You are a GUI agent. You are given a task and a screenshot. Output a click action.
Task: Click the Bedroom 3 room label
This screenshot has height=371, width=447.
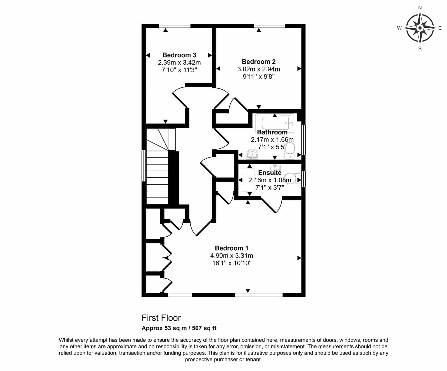pos(179,55)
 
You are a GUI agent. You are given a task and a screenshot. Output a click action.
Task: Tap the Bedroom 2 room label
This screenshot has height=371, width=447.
pos(259,62)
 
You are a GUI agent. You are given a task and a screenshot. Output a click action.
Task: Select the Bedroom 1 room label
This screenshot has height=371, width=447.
pos(232,248)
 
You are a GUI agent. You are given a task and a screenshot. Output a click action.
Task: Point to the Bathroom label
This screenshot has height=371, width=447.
pos(272,132)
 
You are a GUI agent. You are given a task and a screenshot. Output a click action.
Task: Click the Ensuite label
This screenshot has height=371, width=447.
pos(270,173)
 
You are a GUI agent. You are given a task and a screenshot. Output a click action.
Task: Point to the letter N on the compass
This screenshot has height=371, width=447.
pos(420,8)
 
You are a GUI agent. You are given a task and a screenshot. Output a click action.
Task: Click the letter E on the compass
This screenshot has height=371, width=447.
pos(440,28)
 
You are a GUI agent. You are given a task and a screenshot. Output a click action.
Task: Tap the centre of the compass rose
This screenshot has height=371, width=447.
pos(420,28)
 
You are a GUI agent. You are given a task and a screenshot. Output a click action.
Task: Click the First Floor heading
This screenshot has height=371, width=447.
pos(161,318)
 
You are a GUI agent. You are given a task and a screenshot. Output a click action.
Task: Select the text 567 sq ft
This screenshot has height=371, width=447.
pos(204,328)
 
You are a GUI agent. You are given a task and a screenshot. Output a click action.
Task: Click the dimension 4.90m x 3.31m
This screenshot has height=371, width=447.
pos(232,256)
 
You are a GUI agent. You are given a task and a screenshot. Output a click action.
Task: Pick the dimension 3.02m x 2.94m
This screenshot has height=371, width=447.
pos(259,69)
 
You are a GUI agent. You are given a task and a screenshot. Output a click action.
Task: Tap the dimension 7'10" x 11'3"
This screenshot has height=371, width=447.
pos(179,70)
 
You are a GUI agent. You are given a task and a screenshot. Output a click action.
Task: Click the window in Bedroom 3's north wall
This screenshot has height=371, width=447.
pos(175,26)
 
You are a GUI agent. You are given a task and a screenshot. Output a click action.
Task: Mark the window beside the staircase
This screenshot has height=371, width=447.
pos(144,166)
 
